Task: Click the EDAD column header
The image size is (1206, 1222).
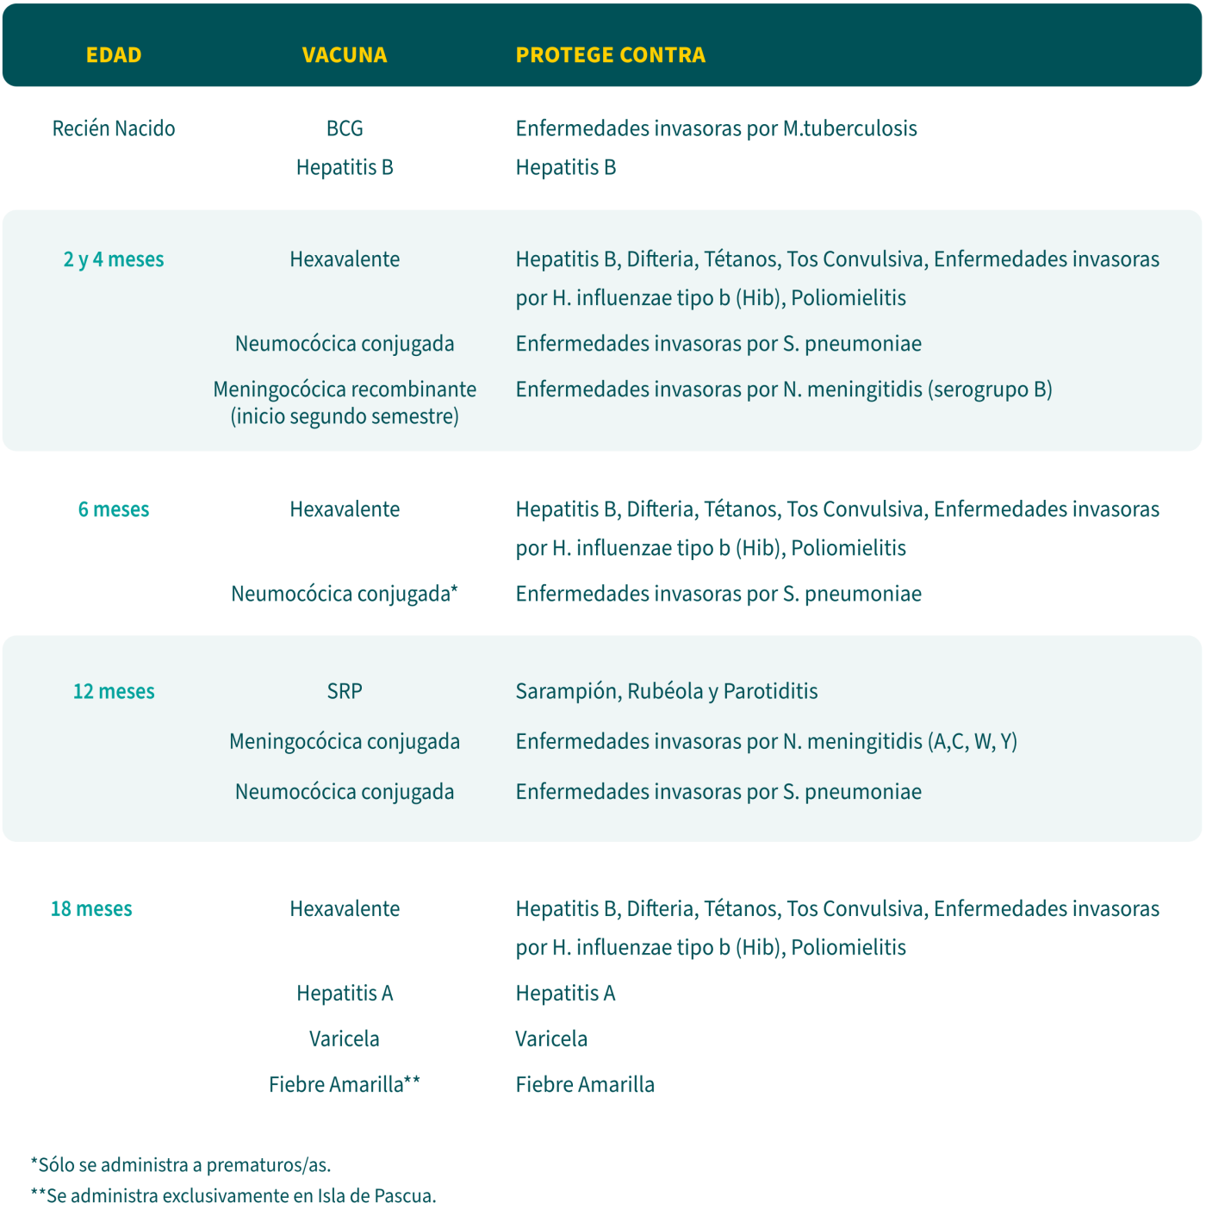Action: tap(114, 55)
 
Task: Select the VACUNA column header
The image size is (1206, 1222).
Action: tap(345, 55)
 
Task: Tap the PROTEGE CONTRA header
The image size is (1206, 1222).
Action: tap(610, 55)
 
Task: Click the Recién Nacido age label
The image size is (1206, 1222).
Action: tap(114, 128)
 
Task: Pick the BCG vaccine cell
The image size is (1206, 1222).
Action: tap(345, 128)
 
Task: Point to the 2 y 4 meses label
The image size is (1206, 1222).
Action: tap(114, 259)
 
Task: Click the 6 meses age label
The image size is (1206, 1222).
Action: tap(114, 509)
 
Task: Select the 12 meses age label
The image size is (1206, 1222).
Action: tap(114, 691)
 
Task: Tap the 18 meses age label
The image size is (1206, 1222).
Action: tap(91, 909)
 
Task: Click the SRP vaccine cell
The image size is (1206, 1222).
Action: tap(345, 691)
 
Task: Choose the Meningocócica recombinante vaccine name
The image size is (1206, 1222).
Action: tap(345, 390)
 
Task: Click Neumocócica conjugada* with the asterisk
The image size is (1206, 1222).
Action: tap(345, 594)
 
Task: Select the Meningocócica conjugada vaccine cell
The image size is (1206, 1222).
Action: tap(345, 742)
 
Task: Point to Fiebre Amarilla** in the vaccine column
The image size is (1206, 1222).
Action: tap(345, 1084)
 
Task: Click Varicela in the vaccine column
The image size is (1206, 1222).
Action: tap(345, 1038)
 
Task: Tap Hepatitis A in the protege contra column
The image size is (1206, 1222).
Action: tap(565, 994)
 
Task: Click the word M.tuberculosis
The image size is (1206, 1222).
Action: tap(849, 128)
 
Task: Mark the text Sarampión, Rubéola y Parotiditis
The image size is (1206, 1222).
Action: tap(667, 691)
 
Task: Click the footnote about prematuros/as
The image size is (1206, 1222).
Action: tap(181, 1165)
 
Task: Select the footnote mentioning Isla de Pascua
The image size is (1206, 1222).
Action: tap(233, 1196)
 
